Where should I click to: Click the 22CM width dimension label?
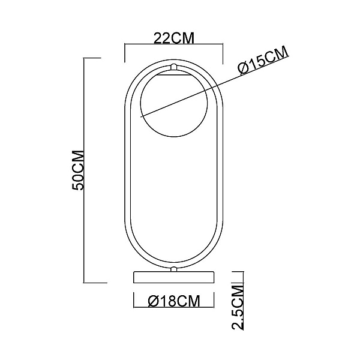tap(174, 38)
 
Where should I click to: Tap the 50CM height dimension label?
tap(78, 170)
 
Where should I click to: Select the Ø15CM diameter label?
tap(263, 60)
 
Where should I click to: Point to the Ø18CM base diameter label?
tap(174, 301)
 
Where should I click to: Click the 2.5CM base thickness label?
tap(238, 308)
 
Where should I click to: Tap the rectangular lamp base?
tap(174, 277)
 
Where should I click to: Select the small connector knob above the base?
tap(174, 269)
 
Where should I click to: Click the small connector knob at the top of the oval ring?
tap(174, 67)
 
